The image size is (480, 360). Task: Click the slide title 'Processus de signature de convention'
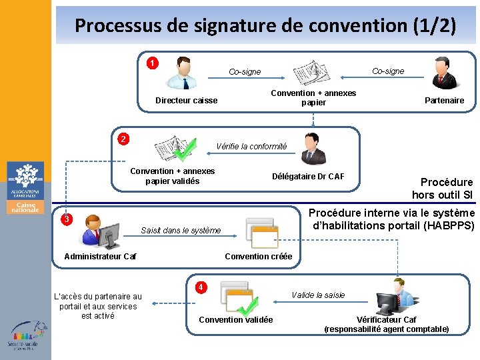pos(265,26)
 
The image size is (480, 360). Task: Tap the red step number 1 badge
pos(153,63)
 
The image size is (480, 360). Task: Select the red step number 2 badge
pos(123,139)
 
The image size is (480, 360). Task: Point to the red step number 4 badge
pos(199,287)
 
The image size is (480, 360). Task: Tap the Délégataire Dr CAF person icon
pos(311,149)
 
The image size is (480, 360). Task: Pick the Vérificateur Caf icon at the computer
pos(395,295)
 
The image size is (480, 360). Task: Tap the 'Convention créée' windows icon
pos(261,231)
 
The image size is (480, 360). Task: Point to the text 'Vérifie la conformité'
pos(251,147)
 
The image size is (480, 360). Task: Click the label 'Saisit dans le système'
pos(181,231)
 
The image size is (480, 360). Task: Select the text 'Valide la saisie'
pos(318,295)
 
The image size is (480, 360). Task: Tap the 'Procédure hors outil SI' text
pos(447,188)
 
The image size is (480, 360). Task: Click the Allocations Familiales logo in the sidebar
pos(25,188)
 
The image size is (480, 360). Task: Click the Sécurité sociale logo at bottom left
pos(25,335)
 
